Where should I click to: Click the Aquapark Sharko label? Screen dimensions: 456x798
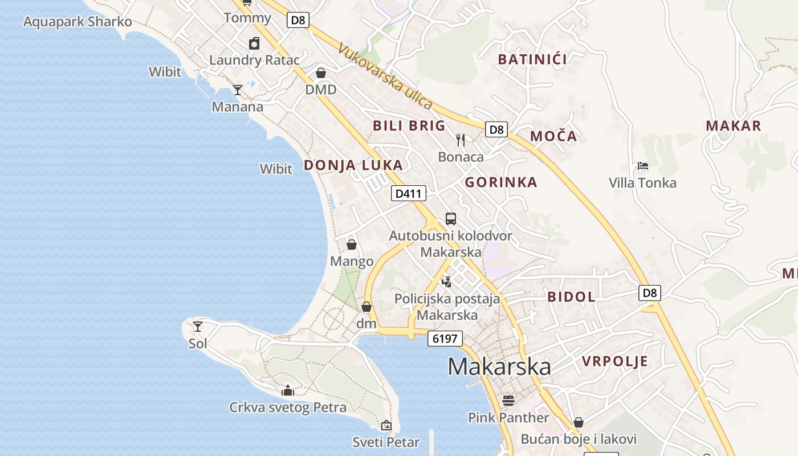[x=78, y=22]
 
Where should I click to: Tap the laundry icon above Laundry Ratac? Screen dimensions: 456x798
[x=254, y=43]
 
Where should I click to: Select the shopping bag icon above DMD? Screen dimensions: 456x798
[x=321, y=74]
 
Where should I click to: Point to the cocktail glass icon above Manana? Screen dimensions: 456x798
[x=238, y=90]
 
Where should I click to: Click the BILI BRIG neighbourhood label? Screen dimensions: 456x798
[x=409, y=126]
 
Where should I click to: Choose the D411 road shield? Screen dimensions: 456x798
[x=409, y=194]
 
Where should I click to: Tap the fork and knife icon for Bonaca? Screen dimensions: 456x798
[x=461, y=140]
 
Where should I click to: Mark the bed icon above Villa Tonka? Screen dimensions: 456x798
[x=642, y=166]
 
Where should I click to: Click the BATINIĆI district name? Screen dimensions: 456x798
[x=532, y=59]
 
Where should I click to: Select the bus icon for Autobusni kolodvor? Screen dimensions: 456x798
[x=450, y=218]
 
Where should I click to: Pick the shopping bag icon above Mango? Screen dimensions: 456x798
[x=352, y=245]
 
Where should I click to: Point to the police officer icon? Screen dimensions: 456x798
[x=447, y=281]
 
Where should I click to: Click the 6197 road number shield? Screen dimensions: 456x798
[x=445, y=339]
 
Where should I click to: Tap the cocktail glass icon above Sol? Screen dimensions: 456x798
[x=198, y=327]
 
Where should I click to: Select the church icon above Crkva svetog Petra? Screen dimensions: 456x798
[x=288, y=390]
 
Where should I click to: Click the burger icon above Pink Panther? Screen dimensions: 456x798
[x=508, y=401]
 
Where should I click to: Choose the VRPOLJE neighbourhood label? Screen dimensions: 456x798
[x=615, y=361]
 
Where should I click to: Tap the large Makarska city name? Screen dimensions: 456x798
[x=499, y=367]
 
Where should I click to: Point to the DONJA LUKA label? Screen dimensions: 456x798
[x=353, y=165]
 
